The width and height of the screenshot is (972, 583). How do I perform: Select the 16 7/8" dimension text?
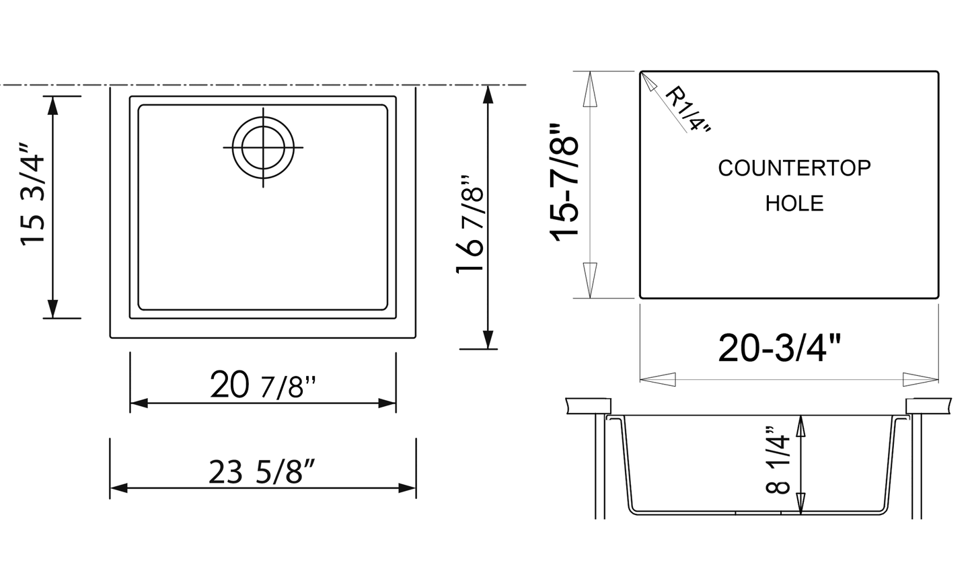[x=470, y=225]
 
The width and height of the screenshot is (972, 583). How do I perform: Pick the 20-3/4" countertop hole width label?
[x=780, y=348]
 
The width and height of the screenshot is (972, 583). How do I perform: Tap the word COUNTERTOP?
[x=794, y=168]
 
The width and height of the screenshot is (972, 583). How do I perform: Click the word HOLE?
[x=794, y=203]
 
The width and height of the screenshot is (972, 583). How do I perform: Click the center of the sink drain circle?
[x=263, y=147]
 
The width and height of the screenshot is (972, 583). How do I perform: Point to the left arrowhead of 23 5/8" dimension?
[x=118, y=488]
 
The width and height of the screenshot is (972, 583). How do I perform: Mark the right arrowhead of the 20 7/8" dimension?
[x=388, y=403]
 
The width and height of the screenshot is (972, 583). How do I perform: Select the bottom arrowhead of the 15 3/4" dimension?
[x=52, y=309]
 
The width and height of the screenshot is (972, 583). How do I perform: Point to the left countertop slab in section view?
[x=588, y=405]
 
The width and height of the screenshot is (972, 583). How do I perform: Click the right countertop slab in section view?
[x=930, y=405]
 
